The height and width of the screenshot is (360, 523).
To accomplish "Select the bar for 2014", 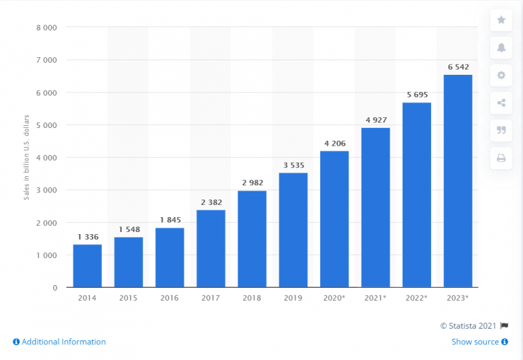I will point(87,266).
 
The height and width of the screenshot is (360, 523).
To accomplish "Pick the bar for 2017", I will point(210,248).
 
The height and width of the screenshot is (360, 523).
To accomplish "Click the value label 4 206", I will point(334,143).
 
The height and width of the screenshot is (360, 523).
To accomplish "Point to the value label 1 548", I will point(129,229).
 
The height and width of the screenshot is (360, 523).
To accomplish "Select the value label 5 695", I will point(416,95).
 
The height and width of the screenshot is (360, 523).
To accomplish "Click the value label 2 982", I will point(252,183).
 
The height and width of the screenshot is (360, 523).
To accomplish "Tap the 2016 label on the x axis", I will point(170,298).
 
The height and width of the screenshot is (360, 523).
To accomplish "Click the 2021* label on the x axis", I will point(375,298).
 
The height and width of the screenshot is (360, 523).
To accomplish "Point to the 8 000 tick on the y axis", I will point(46,27).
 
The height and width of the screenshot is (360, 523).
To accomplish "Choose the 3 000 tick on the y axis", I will point(46,190).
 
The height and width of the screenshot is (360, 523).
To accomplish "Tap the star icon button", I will point(501,20).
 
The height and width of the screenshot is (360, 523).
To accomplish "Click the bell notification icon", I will point(501,47).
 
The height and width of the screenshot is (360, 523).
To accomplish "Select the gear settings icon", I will point(501,75).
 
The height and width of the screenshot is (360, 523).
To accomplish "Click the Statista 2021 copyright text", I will point(470,325).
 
